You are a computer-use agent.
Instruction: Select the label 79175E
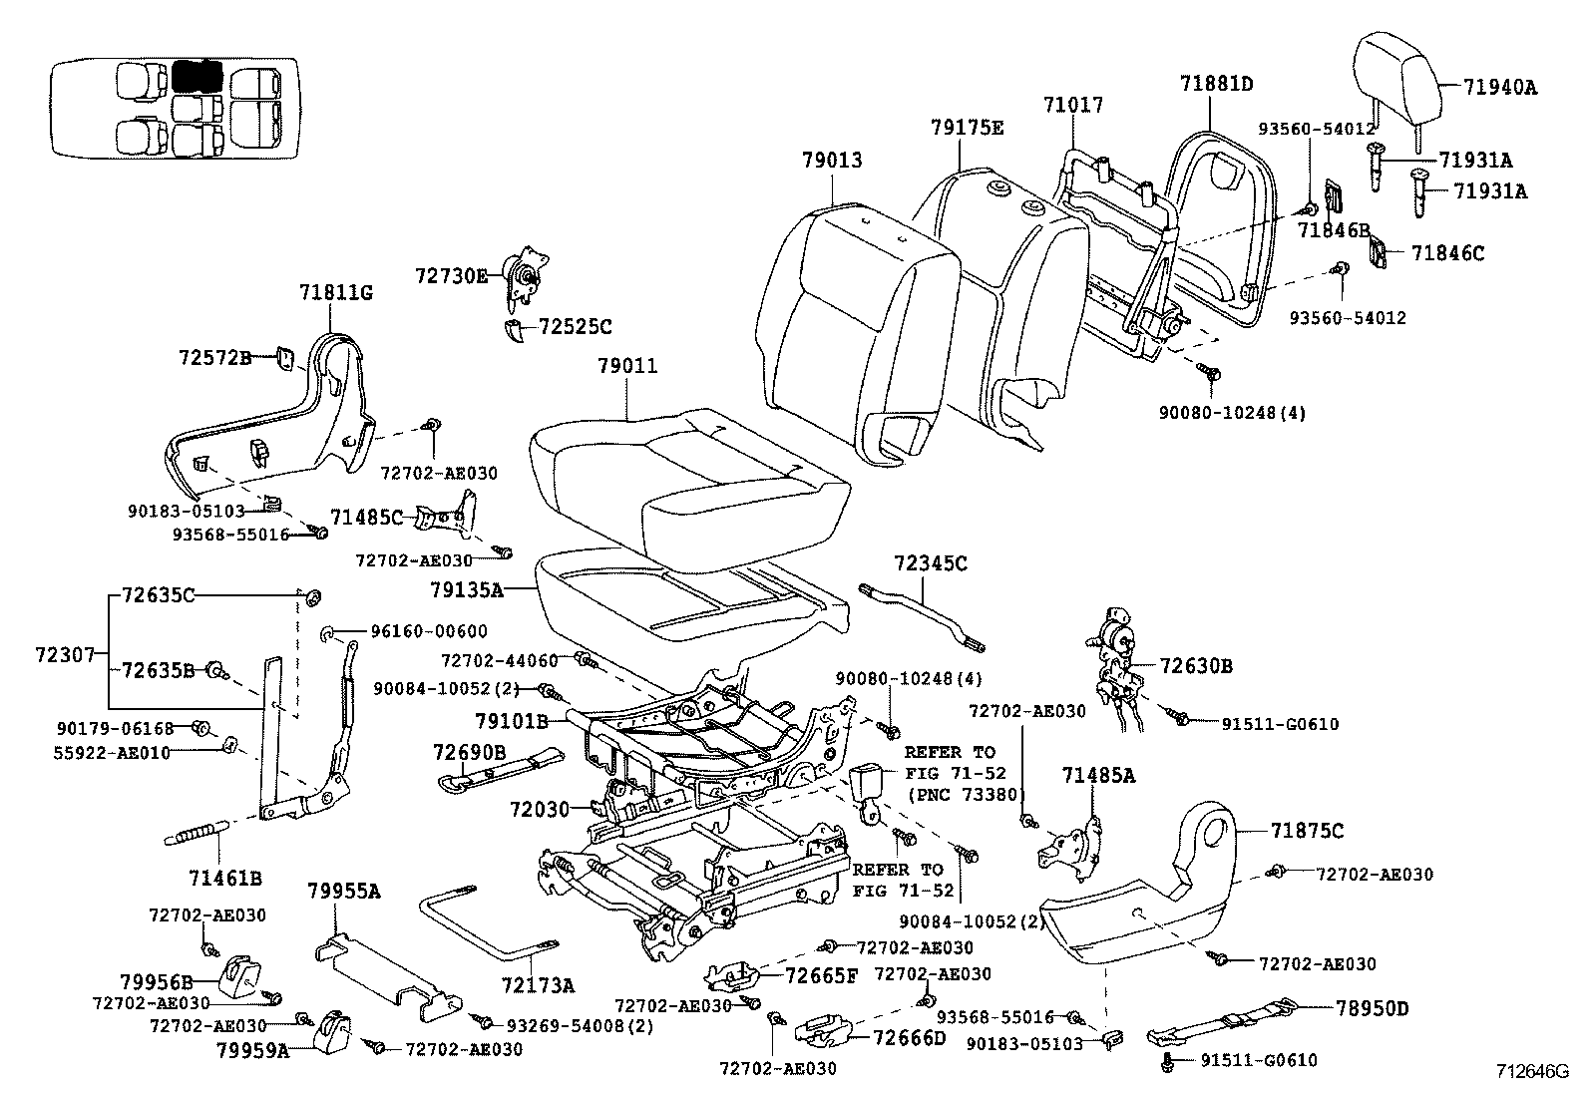tap(967, 128)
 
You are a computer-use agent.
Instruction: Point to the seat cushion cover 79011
tap(688, 469)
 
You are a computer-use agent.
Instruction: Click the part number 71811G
tap(335, 292)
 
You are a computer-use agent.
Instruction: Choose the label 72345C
tap(930, 563)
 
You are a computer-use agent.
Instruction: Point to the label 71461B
tap(224, 878)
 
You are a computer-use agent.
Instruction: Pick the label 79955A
tap(343, 891)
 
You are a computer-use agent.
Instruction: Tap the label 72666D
tap(908, 1038)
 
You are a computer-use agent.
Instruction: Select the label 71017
tap(1073, 105)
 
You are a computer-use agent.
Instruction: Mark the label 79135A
tap(466, 590)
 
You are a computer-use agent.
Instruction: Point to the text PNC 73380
tap(964, 794)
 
